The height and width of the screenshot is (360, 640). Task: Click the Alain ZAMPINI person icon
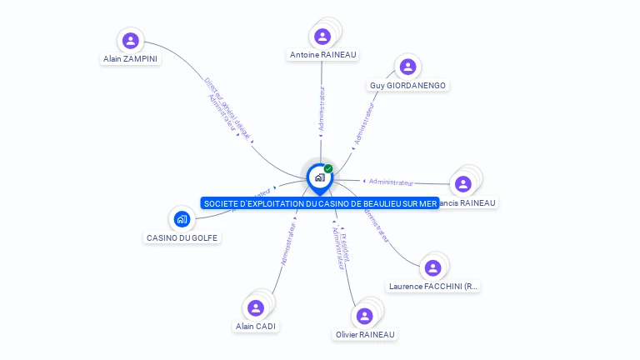point(130,40)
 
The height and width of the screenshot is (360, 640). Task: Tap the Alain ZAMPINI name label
point(130,59)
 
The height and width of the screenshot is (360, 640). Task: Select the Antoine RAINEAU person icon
point(322,37)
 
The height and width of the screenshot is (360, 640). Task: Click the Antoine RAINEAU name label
point(322,55)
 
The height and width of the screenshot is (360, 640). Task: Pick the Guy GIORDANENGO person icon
point(407,67)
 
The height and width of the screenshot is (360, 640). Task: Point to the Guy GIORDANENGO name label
point(408,86)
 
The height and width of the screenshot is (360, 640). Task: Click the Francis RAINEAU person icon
point(463,183)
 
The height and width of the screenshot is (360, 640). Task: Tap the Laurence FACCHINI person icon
point(432,267)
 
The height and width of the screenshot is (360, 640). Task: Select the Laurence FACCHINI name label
point(433,287)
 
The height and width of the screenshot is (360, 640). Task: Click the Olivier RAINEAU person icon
point(364,316)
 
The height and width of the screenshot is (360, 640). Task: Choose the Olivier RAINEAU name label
point(365,335)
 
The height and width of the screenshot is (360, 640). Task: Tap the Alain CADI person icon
point(256,307)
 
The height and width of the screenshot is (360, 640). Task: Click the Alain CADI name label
point(256,327)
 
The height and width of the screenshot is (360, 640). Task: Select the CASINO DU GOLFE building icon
point(182,219)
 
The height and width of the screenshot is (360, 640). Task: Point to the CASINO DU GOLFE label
point(182,238)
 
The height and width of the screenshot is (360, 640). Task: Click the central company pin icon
point(319,177)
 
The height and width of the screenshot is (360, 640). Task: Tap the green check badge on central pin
point(328,168)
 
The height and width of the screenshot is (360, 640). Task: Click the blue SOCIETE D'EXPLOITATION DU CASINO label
point(319,203)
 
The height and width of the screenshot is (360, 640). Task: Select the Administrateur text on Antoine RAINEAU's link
point(322,108)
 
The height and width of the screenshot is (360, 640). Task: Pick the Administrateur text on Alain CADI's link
point(289,242)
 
